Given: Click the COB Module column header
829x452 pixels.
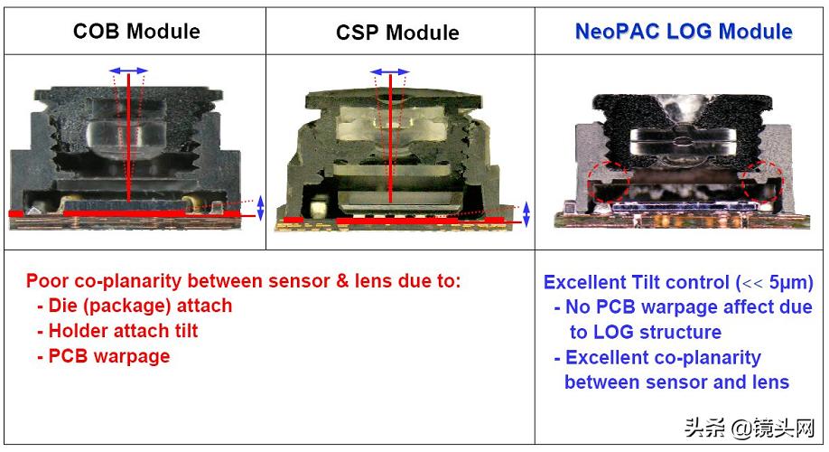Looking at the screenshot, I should pos(136,32).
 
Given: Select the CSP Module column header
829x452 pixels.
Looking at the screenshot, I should pos(397,33).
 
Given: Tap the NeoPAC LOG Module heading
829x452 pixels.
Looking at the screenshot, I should pos(684,32).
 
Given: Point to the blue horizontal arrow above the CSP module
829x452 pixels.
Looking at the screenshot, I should pos(389,71).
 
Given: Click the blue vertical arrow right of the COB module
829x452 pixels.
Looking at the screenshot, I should pos(261,208).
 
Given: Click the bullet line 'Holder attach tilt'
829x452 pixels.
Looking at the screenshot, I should pos(117,331).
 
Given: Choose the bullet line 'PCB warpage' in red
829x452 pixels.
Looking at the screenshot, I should pos(103,356).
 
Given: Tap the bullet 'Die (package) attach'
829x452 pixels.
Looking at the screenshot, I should pos(135,306).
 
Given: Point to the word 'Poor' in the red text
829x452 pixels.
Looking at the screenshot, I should pos(47,281).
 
